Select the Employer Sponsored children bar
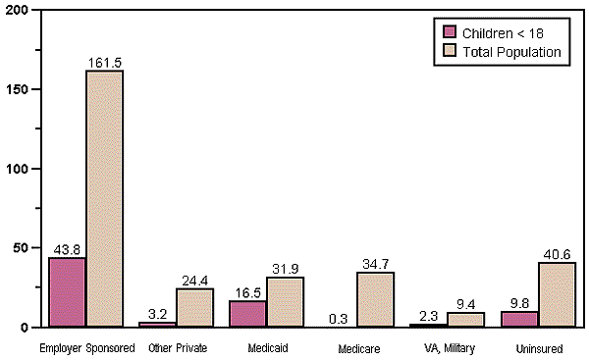coord(68,291)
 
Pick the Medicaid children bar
coord(248,313)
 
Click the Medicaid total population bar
coord(285,301)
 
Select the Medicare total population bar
coord(375,299)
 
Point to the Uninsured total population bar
coord(556,294)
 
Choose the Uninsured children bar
coord(519,319)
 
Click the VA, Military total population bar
coord(465,319)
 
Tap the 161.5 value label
coord(104,63)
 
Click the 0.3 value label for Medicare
coord(339,319)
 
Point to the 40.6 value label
coord(556,254)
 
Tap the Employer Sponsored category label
coord(86,348)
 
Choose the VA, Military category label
coord(447,348)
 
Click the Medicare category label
coord(357,349)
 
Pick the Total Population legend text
coord(513,52)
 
